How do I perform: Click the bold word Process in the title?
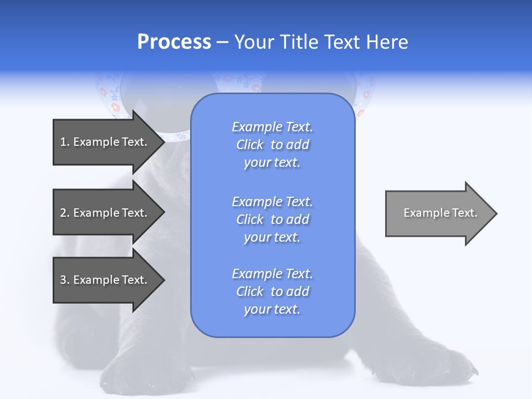174,42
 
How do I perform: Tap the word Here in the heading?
387,42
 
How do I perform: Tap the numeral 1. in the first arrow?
65,142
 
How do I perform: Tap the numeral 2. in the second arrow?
65,213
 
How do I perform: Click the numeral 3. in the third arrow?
65,280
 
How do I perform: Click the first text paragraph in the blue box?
272,145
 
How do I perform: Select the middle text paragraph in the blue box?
272,219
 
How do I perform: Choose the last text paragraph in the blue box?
272,291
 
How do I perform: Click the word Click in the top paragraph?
250,145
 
